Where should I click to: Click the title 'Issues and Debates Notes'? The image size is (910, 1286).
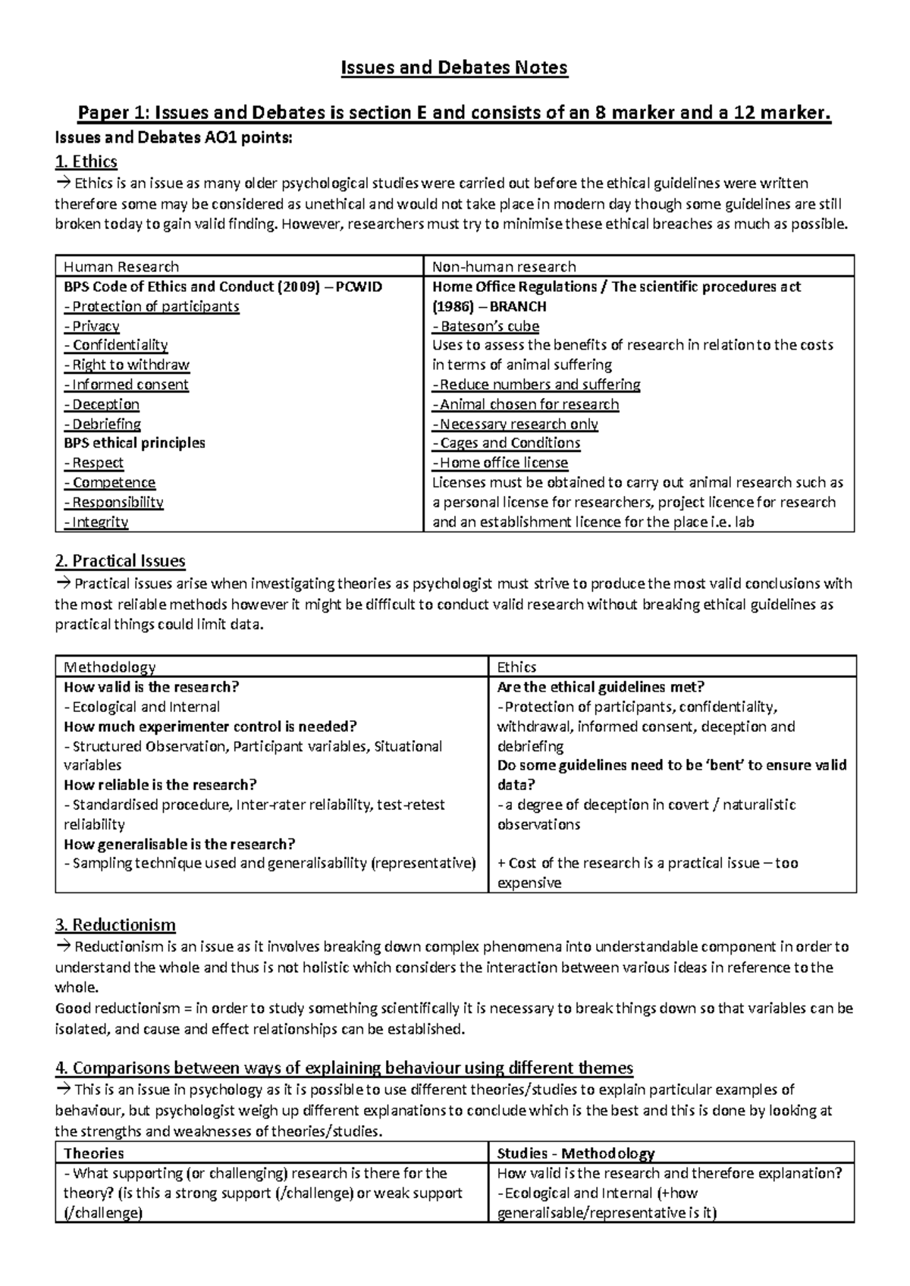tap(453, 68)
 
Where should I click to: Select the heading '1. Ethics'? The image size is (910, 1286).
tap(86, 162)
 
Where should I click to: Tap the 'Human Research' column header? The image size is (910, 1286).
tap(121, 267)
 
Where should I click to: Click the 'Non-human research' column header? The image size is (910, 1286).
tap(504, 267)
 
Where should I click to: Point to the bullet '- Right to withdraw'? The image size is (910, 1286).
tap(127, 365)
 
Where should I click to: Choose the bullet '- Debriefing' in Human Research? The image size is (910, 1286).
tap(102, 424)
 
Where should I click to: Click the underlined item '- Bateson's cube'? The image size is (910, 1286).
tap(485, 326)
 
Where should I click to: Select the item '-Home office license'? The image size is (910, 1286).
tap(500, 463)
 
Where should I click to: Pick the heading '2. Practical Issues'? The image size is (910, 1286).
tap(121, 561)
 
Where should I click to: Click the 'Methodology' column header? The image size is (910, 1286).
tap(110, 667)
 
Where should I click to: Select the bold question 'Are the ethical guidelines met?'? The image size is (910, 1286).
tap(601, 687)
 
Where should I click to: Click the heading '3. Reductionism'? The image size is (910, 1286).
tap(115, 925)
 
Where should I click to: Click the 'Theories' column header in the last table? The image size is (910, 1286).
tap(94, 1153)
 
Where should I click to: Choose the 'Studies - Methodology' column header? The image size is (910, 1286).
tap(576, 1153)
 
